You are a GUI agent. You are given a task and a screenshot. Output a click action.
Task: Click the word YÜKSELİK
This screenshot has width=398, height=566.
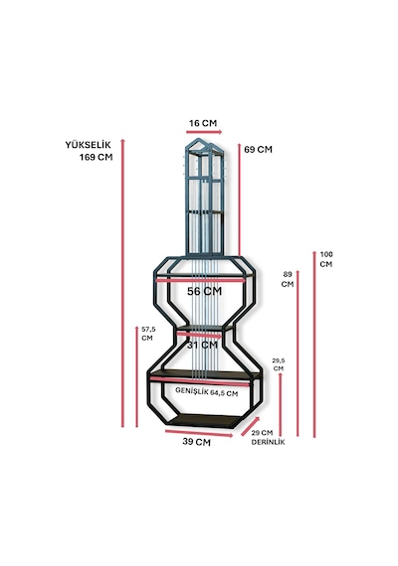pos(88,144)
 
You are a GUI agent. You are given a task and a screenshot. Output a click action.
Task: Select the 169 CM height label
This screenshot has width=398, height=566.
pos(96,157)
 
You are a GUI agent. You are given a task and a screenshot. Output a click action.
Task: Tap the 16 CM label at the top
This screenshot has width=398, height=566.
pos(203,123)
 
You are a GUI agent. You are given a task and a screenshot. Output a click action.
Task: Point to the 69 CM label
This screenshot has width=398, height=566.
pos(258,149)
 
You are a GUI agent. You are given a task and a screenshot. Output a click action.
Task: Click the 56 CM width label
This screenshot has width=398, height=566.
pos(204,291)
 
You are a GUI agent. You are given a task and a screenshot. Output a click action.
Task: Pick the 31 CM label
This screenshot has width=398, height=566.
pos(203,346)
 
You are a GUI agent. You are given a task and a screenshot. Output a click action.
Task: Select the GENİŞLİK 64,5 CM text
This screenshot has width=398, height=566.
pos(207,392)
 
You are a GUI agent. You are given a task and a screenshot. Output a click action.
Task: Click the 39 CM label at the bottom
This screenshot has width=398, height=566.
pos(196,442)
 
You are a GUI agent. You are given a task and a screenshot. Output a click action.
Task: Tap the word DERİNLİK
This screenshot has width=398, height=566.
pos(268,442)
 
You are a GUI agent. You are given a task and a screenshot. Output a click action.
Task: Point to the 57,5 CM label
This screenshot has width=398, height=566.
pos(148,334)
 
